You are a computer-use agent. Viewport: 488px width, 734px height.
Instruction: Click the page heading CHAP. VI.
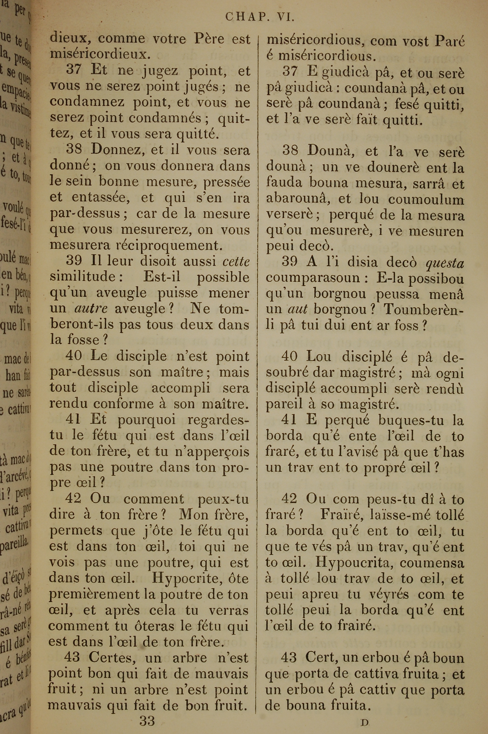click(260, 17)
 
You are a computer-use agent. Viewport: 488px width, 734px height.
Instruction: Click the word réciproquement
click(169, 246)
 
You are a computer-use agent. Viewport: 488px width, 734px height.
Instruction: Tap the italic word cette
click(236, 262)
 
